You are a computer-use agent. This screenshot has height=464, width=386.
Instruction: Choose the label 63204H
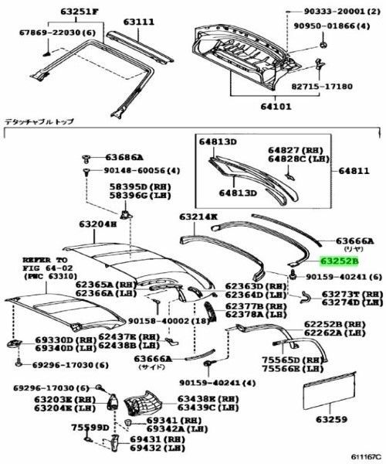click(96, 224)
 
